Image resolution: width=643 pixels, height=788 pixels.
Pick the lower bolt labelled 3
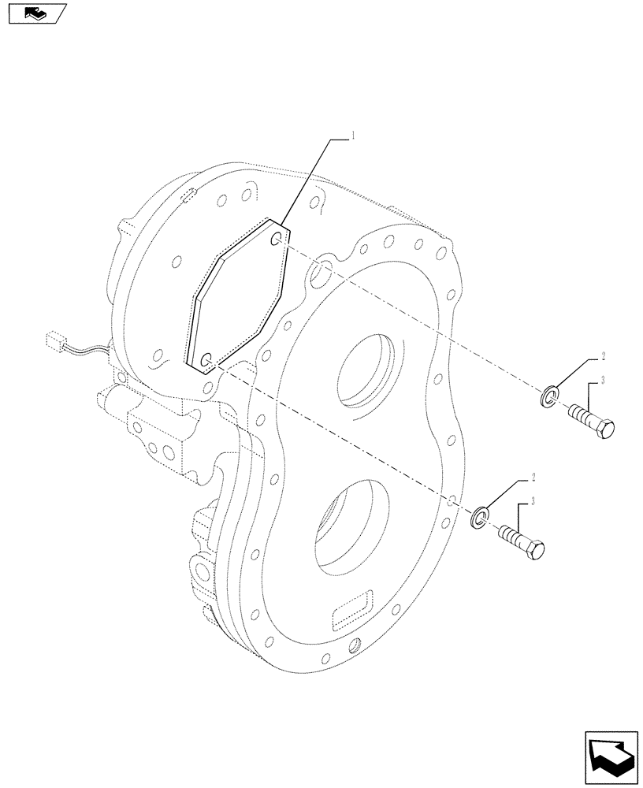pyautogui.click(x=522, y=542)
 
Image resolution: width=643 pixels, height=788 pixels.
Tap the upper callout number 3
pyautogui.click(x=602, y=381)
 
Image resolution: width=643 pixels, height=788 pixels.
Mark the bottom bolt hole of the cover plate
pyautogui.click(x=206, y=361)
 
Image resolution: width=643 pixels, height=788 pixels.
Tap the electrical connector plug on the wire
pyautogui.click(x=54, y=341)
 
